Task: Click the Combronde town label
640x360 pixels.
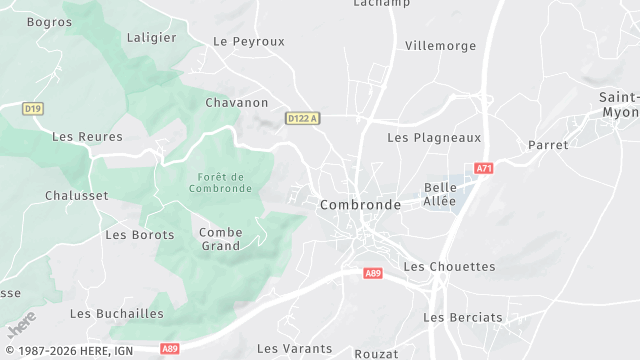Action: (x=360, y=204)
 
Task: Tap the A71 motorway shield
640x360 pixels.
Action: (x=484, y=169)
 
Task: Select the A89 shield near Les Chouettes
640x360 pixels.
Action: (x=373, y=272)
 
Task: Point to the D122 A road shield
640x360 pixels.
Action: (x=302, y=118)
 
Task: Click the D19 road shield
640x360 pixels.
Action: (x=33, y=107)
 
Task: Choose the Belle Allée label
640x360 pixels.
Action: (x=440, y=194)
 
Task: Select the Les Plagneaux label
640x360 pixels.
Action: (x=434, y=138)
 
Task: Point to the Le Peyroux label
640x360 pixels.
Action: (x=249, y=41)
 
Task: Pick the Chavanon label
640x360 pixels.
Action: (x=237, y=102)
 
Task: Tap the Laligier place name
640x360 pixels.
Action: (x=152, y=37)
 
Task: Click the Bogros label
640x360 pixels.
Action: (x=50, y=21)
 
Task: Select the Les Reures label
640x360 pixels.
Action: (x=87, y=136)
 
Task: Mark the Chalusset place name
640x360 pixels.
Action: (x=77, y=195)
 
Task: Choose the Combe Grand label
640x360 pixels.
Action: (x=221, y=238)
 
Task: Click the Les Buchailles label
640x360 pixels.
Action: (x=117, y=313)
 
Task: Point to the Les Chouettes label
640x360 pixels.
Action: (x=449, y=267)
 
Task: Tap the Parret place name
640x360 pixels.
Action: (x=548, y=145)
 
